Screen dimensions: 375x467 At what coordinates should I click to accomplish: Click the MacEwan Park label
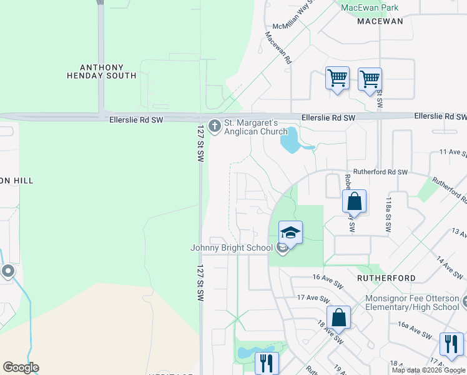coord(370,7)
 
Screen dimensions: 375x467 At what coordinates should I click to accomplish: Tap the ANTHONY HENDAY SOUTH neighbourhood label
coord(101,71)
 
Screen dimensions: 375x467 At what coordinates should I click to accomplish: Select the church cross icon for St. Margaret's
coord(215,127)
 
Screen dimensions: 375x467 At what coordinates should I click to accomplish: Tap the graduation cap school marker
coord(290,234)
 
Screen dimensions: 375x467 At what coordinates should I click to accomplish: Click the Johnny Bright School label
coord(232,248)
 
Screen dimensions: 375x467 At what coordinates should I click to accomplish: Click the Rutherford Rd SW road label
coord(380,172)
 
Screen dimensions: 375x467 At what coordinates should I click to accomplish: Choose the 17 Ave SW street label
coord(312,297)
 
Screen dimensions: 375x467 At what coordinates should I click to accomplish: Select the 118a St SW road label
coord(388,215)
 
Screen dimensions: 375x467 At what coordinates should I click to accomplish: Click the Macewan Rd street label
coord(278,49)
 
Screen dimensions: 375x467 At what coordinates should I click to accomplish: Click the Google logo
coord(21,367)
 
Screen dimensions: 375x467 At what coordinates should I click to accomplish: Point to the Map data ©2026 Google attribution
coord(429,370)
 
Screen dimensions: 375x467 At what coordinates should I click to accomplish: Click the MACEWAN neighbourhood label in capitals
coord(380,21)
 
